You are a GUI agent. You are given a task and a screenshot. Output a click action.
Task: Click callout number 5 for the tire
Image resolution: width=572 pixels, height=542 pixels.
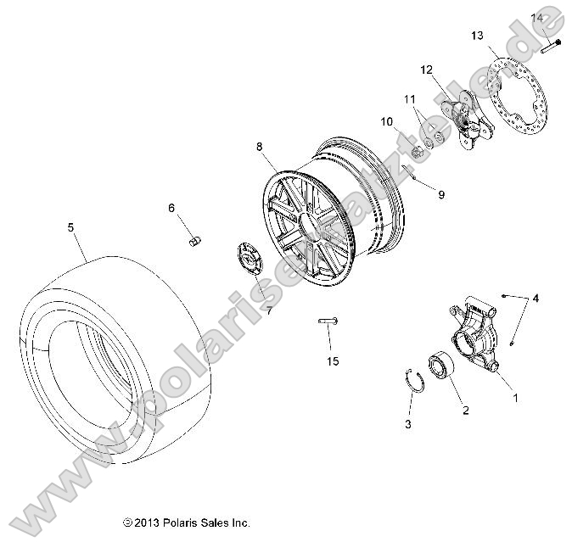[70, 226]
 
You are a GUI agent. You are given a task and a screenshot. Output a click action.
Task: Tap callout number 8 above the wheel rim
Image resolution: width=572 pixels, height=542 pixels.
[260, 147]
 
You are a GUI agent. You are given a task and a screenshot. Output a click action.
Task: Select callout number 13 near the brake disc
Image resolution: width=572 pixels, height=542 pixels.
[477, 35]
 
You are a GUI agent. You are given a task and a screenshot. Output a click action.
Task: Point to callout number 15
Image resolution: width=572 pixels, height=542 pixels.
[333, 360]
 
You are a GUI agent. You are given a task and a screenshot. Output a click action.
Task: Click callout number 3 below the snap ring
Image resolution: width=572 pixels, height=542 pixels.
[407, 423]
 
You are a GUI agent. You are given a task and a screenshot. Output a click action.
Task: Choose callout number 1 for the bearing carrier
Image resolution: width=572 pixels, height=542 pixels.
[512, 395]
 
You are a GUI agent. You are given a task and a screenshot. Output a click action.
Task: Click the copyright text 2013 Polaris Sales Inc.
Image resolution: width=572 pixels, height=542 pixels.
[186, 523]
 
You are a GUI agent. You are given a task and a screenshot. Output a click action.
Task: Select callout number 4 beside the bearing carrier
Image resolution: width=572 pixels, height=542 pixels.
[535, 299]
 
